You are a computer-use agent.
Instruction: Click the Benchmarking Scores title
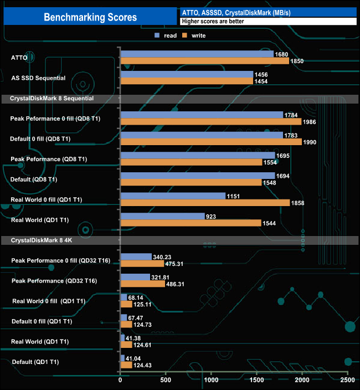click(90, 17)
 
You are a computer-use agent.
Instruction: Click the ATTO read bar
click(197, 54)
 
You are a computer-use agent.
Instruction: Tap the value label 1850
click(297, 61)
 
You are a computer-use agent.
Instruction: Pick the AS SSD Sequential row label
click(38, 78)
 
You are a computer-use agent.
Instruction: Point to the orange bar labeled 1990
click(211, 142)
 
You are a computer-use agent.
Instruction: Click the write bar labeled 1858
click(204, 203)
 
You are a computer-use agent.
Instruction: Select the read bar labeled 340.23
click(136, 256)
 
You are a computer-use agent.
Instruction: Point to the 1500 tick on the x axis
click(256, 381)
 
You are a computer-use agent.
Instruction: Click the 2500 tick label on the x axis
click(347, 381)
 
